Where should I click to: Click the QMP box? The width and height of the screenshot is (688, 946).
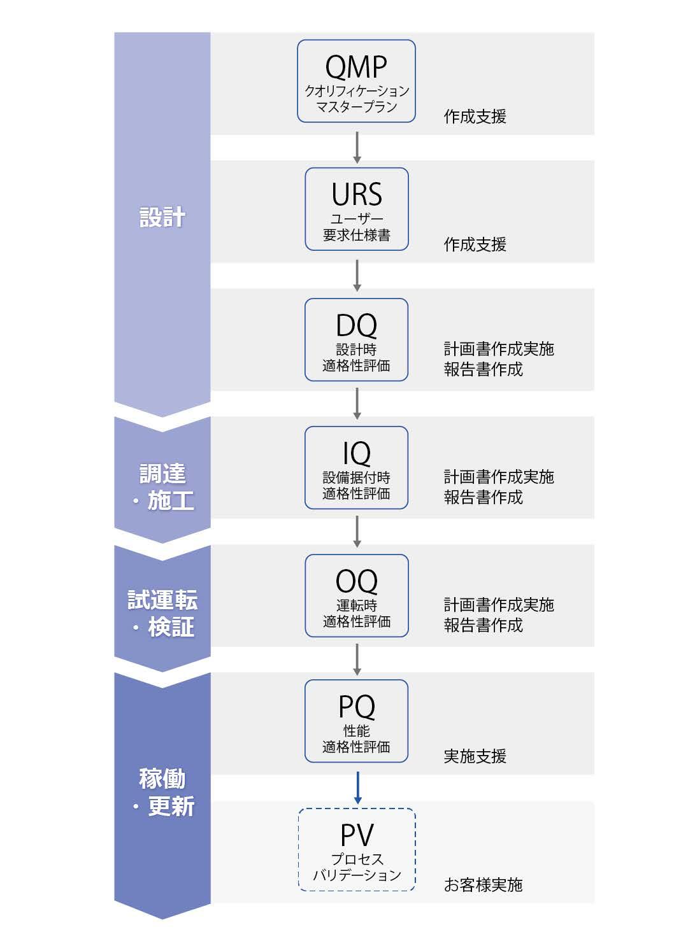356,81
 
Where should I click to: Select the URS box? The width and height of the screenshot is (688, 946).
356,209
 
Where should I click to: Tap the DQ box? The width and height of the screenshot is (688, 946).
356,339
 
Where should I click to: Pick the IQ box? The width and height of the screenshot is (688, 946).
356,467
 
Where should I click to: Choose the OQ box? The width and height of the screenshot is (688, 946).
356,595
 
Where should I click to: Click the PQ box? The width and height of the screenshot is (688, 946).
356,721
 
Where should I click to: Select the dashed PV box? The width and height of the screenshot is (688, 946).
357,849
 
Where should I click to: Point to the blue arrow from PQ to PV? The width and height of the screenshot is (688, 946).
357,787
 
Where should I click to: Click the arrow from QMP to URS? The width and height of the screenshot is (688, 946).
357,146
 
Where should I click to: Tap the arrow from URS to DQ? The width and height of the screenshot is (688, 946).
357,275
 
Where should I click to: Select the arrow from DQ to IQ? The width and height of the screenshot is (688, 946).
357,403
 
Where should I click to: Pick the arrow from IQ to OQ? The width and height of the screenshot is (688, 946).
357,531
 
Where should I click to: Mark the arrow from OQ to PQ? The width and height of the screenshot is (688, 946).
357,659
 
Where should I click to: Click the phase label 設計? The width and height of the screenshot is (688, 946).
162,217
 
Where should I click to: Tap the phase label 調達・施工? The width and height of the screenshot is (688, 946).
162,487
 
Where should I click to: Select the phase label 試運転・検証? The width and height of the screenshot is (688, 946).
162,613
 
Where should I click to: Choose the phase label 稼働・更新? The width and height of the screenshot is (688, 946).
162,792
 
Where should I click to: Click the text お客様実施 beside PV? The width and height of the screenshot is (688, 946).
483,884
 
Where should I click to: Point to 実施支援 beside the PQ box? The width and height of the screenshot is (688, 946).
475,756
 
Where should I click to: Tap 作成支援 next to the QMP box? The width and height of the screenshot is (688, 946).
475,116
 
